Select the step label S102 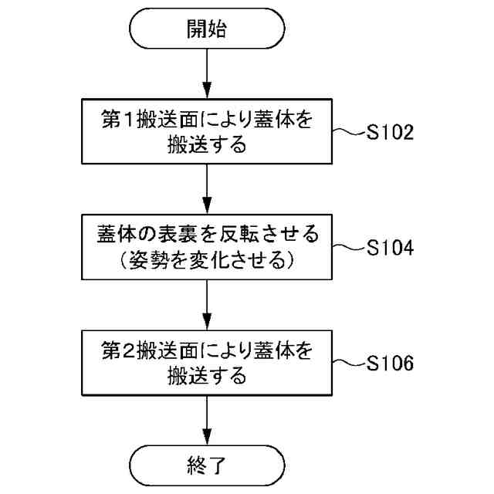tap(391, 132)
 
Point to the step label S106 tap(391, 363)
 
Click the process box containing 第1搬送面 tap(208, 132)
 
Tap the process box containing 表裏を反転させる tap(208, 248)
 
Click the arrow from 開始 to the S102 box tap(208, 73)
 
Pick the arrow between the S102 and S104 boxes tap(208, 189)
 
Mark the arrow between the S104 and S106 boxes tap(208, 305)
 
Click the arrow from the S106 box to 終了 tap(208, 420)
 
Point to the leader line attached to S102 tap(347, 133)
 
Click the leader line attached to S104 tap(347, 249)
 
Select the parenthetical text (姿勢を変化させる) tap(208, 262)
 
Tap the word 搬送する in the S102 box tap(208, 145)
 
